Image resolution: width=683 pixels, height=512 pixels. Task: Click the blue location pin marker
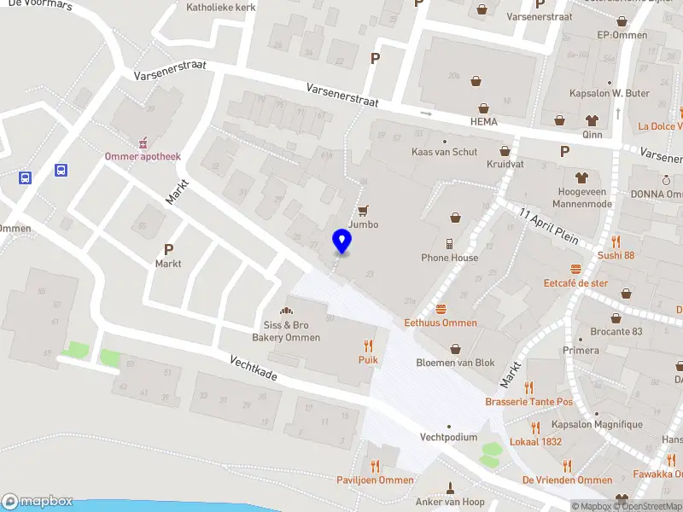(x=342, y=241)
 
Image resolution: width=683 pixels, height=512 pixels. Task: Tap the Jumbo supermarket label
(x=363, y=224)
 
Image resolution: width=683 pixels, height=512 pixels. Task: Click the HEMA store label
(x=483, y=122)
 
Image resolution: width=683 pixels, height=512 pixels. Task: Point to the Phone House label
(x=449, y=258)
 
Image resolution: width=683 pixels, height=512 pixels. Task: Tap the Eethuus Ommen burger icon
(x=441, y=309)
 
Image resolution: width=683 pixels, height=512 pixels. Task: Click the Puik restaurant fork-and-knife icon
(x=368, y=346)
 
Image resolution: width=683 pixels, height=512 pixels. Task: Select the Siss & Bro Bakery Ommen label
(x=291, y=331)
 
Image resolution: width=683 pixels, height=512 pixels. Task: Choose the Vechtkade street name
(x=253, y=373)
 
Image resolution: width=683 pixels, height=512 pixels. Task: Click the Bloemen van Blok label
(x=455, y=363)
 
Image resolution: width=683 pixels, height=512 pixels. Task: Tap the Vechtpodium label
(x=448, y=437)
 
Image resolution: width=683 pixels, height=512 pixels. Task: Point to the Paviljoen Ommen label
(x=375, y=480)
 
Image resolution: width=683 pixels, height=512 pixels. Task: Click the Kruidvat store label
(x=504, y=164)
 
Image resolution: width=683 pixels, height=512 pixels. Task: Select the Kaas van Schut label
(x=443, y=151)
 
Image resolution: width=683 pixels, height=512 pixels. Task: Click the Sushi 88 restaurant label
(x=616, y=255)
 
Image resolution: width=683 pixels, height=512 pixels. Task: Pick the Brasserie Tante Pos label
(x=528, y=402)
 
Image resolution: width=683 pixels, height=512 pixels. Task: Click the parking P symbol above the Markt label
(x=168, y=249)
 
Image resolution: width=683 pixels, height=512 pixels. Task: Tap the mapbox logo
(x=37, y=502)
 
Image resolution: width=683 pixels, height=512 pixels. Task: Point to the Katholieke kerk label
(x=220, y=7)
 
